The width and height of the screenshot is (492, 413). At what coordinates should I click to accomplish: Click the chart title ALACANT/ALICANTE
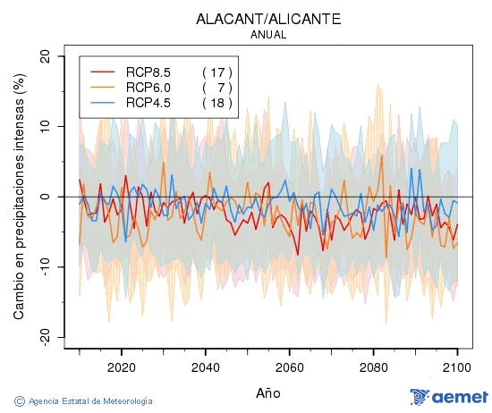click(267, 19)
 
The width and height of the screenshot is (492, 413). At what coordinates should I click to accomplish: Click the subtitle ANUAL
click(267, 35)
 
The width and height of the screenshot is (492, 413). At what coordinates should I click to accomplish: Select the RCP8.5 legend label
click(148, 72)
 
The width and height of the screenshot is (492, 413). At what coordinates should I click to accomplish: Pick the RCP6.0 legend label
click(148, 87)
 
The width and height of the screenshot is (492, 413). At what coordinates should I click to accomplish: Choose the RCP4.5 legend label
click(148, 103)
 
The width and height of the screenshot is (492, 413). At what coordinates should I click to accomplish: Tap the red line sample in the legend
click(103, 72)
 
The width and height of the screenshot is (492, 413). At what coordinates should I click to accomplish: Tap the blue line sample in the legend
click(103, 103)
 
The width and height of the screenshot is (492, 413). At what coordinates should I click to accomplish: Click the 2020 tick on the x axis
click(121, 367)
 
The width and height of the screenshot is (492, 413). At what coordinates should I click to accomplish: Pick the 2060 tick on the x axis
click(289, 367)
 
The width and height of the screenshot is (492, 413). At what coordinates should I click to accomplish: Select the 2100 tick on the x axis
click(457, 367)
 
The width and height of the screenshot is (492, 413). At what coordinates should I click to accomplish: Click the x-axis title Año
click(267, 392)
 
